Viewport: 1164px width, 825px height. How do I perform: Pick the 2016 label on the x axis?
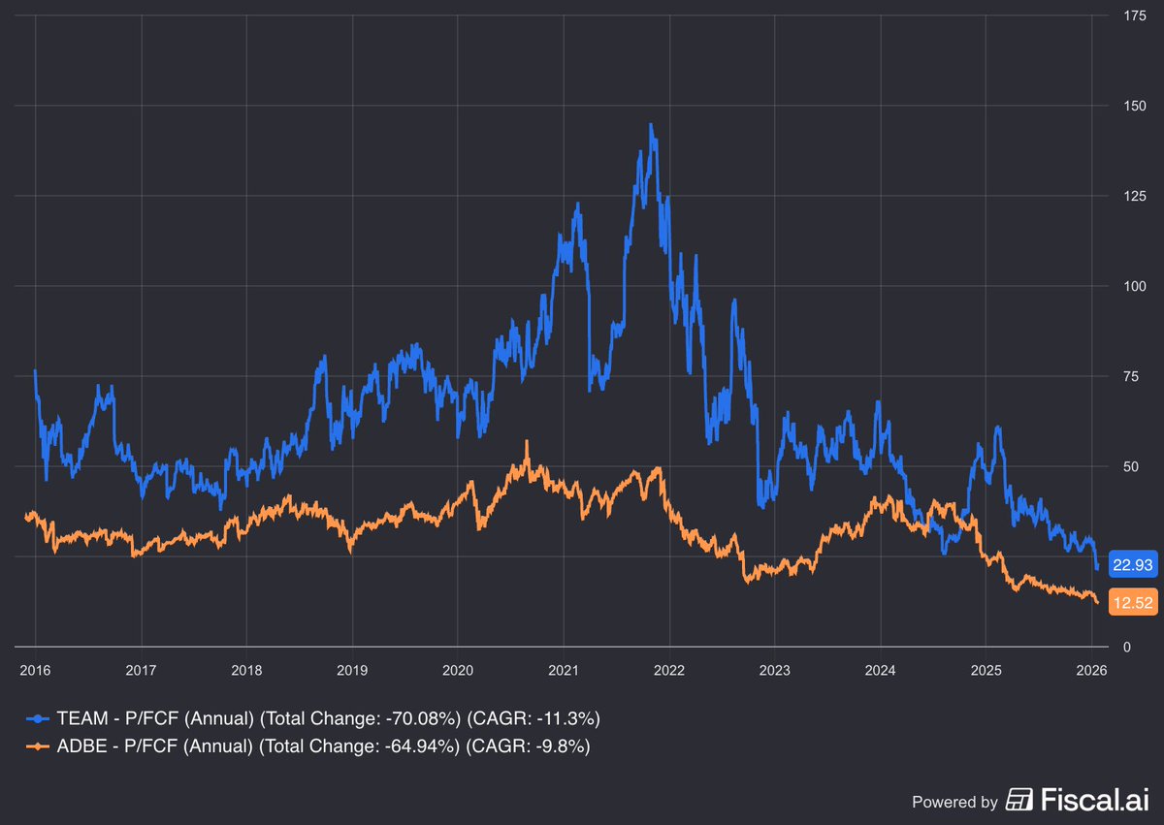[36, 670]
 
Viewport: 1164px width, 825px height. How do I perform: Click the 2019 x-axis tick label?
[351, 670]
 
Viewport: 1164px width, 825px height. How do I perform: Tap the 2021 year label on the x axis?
[564, 670]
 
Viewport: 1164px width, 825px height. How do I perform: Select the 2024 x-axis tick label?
[880, 670]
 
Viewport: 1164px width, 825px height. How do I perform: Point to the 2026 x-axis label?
[1091, 670]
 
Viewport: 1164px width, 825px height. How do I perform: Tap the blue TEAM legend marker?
[37, 718]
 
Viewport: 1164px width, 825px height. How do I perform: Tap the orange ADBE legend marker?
[37, 746]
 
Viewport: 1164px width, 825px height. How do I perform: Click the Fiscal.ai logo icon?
[1019, 800]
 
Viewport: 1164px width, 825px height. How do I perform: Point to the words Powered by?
[954, 802]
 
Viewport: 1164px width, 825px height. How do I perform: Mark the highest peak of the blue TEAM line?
[650, 124]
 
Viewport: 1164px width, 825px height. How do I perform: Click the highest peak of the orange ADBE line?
[527, 441]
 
